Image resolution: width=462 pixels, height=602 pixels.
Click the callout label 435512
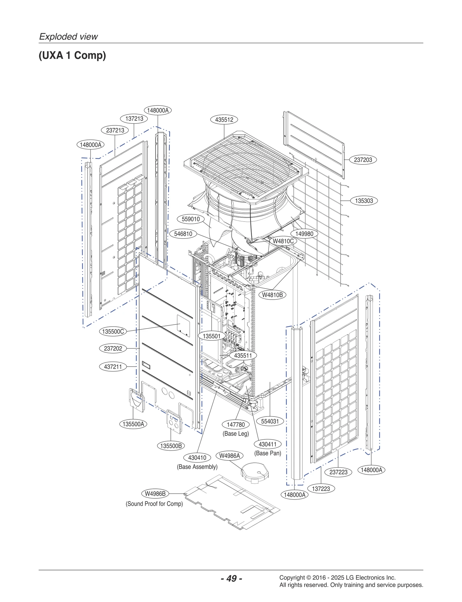pyautogui.click(x=224, y=120)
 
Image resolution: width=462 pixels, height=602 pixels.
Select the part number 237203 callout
pyautogui.click(x=363, y=160)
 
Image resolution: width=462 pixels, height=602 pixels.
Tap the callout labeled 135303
pyautogui.click(x=364, y=201)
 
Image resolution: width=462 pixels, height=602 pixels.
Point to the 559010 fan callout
pyautogui.click(x=191, y=219)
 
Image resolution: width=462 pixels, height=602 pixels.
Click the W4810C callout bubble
pyautogui.click(x=283, y=241)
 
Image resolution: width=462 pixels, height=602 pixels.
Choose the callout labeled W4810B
pyautogui.click(x=272, y=295)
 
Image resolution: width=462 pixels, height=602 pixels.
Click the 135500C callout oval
pyautogui.click(x=113, y=331)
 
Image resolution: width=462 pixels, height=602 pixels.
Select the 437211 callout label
pyautogui.click(x=113, y=367)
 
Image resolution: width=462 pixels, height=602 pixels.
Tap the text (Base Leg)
pyautogui.click(x=236, y=434)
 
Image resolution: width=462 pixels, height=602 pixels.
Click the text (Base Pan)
pyautogui.click(x=268, y=453)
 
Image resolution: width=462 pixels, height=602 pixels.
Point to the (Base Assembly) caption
pyautogui.click(x=197, y=467)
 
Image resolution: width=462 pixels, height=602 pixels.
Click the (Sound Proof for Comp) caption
pyautogui.click(x=154, y=504)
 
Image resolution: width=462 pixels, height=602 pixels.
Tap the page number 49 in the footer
pyautogui.click(x=231, y=578)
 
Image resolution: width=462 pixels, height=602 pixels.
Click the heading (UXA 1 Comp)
pyautogui.click(x=72, y=55)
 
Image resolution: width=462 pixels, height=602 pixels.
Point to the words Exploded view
pyautogui.click(x=68, y=37)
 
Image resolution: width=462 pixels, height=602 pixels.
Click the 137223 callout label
pyautogui.click(x=321, y=489)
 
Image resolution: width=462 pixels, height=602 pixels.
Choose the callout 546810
pyautogui.click(x=183, y=234)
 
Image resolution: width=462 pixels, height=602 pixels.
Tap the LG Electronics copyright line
pyautogui.click(x=337, y=577)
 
